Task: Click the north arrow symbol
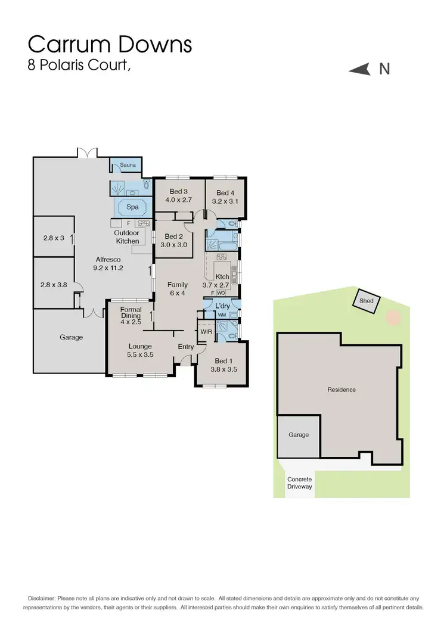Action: [x=361, y=70]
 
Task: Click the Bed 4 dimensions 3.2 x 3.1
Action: [x=225, y=201]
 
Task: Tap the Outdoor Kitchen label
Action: [x=127, y=237]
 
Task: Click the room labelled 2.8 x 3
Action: [x=54, y=238]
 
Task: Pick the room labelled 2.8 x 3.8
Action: [x=54, y=285]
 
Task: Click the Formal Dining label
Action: [x=131, y=313]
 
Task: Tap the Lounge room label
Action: [x=140, y=346]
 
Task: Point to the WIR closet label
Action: [x=206, y=331]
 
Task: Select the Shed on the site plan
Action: [x=366, y=301]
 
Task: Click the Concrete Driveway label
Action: [x=299, y=482]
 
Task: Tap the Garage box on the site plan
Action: [x=299, y=435]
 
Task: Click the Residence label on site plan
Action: [x=342, y=390]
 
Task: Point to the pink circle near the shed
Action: [x=393, y=317]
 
